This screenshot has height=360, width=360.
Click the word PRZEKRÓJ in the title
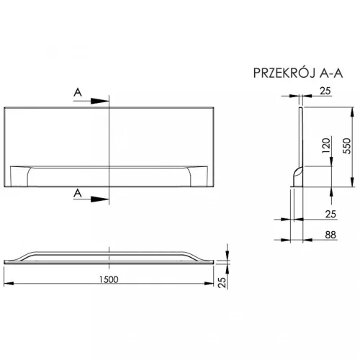(x=284, y=73)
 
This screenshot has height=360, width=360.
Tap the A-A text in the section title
(x=331, y=73)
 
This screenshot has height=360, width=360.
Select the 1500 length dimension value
(x=109, y=279)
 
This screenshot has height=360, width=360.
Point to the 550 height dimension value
(x=347, y=146)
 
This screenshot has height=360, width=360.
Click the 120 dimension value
(x=326, y=145)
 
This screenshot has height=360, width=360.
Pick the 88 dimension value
(x=330, y=235)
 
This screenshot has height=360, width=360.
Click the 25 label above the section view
(x=325, y=91)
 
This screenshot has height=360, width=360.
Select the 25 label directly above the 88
(x=330, y=214)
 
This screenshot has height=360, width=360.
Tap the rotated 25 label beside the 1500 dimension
(x=222, y=282)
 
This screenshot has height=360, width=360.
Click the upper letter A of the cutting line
(x=78, y=92)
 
